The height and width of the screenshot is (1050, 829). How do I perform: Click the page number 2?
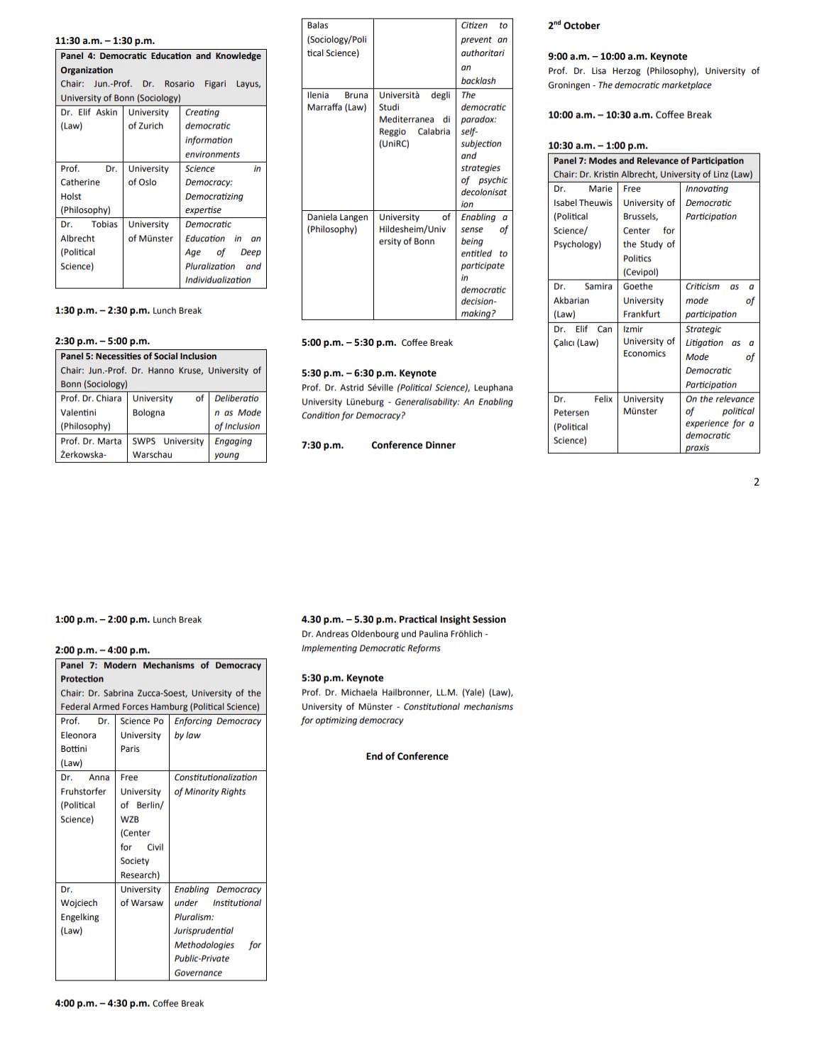(756, 482)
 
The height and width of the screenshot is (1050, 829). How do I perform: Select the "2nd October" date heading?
(573, 26)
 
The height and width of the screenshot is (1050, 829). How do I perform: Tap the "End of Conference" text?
(407, 756)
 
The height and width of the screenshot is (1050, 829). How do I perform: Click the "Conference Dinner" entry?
(413, 445)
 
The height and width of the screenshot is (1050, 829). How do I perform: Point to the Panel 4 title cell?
(160, 63)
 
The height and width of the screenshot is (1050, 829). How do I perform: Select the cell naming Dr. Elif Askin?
(89, 119)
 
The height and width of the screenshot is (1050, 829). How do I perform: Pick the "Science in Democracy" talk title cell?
(222, 189)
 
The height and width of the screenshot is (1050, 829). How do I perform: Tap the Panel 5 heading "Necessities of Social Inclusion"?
(138, 356)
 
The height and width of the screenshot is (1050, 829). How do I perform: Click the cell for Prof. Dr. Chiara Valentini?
(91, 412)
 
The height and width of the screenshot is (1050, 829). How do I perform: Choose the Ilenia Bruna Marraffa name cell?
(337, 102)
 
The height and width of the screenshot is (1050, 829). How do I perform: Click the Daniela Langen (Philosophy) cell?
(337, 224)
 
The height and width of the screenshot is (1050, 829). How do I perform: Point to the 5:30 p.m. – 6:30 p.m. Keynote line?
(368, 373)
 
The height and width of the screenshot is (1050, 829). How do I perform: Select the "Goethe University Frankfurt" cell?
(648, 300)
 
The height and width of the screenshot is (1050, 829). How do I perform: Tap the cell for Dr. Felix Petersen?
(582, 420)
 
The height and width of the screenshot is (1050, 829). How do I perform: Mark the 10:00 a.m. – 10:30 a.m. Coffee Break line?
(629, 115)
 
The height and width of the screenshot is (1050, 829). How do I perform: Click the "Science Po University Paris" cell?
(141, 735)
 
